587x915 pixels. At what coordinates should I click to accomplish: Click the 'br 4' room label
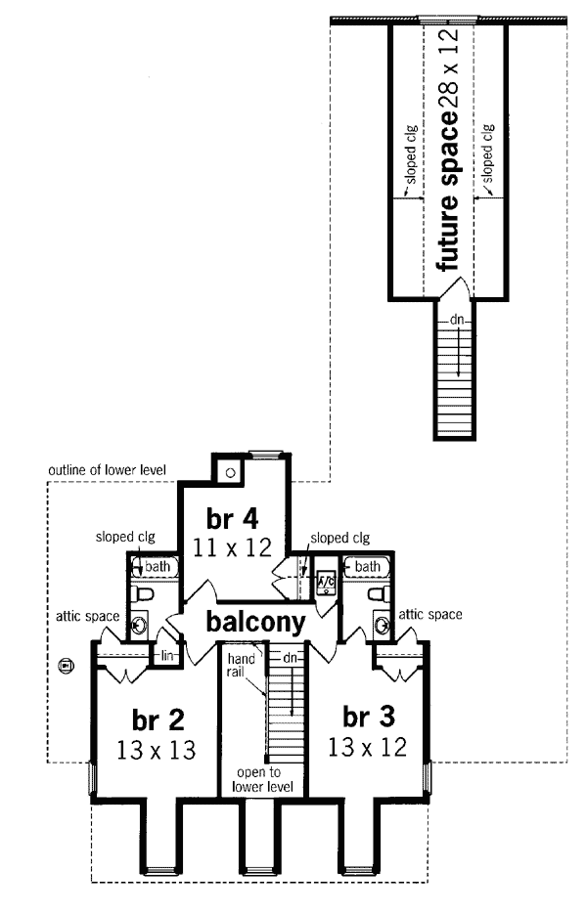pyautogui.click(x=233, y=516)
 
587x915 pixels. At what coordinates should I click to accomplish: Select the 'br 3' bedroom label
pyautogui.click(x=369, y=717)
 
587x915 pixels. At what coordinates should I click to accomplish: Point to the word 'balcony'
pyautogui.click(x=255, y=622)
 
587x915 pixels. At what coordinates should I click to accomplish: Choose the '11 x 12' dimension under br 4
pyautogui.click(x=233, y=547)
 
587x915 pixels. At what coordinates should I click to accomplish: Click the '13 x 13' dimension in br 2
pyautogui.click(x=154, y=751)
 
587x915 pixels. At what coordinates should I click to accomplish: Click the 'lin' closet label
pyautogui.click(x=166, y=653)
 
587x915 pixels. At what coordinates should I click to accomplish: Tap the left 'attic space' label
pyautogui.click(x=85, y=616)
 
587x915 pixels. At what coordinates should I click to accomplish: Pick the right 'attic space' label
pyautogui.click(x=429, y=615)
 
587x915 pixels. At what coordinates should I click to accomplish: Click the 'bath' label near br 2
pyautogui.click(x=159, y=566)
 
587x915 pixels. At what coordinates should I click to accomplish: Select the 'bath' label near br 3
pyautogui.click(x=368, y=566)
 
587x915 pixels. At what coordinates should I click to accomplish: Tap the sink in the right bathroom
pyautogui.click(x=381, y=619)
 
